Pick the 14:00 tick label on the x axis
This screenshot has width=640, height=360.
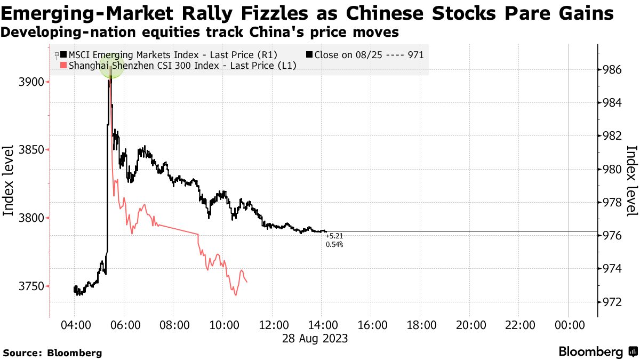coord(321,325)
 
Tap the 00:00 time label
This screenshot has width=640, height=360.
coord(569,325)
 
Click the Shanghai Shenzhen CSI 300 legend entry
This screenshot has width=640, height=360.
coord(179,65)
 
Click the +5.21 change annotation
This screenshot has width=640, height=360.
coord(334,236)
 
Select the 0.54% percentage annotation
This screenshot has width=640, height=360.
coord(334,244)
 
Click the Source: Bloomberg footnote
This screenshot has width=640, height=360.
coord(52,353)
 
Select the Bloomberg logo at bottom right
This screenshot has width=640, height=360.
coord(597,351)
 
